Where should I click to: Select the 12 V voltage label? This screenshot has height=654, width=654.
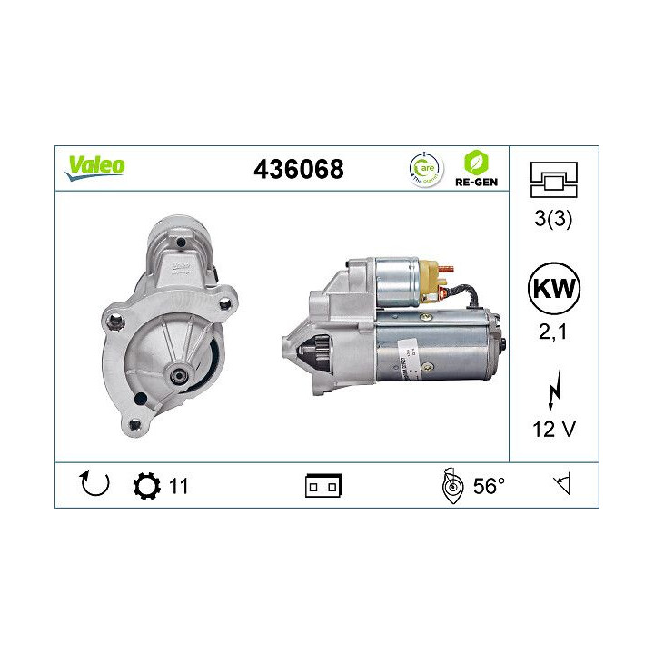click(x=552, y=429)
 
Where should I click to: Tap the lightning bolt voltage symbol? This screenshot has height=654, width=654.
click(x=552, y=392)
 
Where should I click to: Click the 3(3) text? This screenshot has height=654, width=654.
click(x=552, y=219)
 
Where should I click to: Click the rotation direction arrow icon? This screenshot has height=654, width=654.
click(x=94, y=485)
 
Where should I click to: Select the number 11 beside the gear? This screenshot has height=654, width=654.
click(x=178, y=486)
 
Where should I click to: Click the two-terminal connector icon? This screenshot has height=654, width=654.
click(x=322, y=487)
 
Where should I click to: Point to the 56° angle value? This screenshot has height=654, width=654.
click(x=488, y=486)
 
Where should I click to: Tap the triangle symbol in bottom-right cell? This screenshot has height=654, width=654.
click(x=563, y=486)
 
